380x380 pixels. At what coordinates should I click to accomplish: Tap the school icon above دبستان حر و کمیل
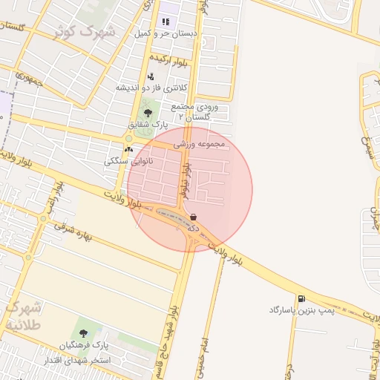click(165, 22)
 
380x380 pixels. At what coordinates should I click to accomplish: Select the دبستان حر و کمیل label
click(164, 33)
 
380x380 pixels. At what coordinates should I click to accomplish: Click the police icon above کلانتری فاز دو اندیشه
click(151, 76)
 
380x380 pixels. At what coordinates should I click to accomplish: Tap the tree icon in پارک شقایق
click(148, 113)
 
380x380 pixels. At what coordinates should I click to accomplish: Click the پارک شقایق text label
click(148, 124)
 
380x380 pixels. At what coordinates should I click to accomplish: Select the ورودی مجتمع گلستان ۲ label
click(197, 112)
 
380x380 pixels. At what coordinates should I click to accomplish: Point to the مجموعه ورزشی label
click(198, 144)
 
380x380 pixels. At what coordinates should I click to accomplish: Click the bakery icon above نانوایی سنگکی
click(128, 149)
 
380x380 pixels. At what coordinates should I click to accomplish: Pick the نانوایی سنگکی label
click(129, 160)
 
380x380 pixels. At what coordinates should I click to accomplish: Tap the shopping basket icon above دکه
click(194, 217)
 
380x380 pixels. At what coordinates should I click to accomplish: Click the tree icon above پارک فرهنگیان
click(82, 333)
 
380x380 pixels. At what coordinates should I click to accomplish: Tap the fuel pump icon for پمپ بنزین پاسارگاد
click(301, 298)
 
